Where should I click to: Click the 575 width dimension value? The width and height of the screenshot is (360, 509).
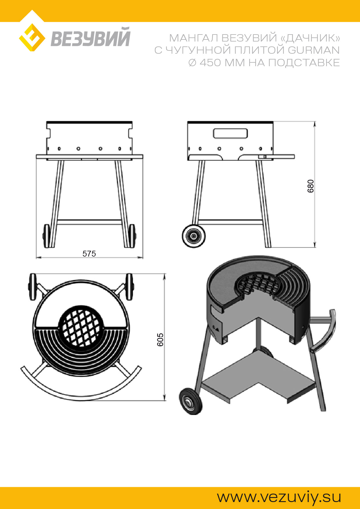point(89,254)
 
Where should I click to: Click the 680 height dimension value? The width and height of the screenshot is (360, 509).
point(311,186)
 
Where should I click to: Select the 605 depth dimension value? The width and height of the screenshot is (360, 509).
point(160,340)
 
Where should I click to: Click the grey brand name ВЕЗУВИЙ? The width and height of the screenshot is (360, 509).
point(91,37)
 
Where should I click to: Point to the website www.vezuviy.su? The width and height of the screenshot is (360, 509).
point(279,497)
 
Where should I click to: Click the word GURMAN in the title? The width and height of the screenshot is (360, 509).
point(314,50)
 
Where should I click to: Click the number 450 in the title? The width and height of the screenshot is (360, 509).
point(210,63)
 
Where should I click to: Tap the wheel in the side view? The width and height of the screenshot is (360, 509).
point(194,236)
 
